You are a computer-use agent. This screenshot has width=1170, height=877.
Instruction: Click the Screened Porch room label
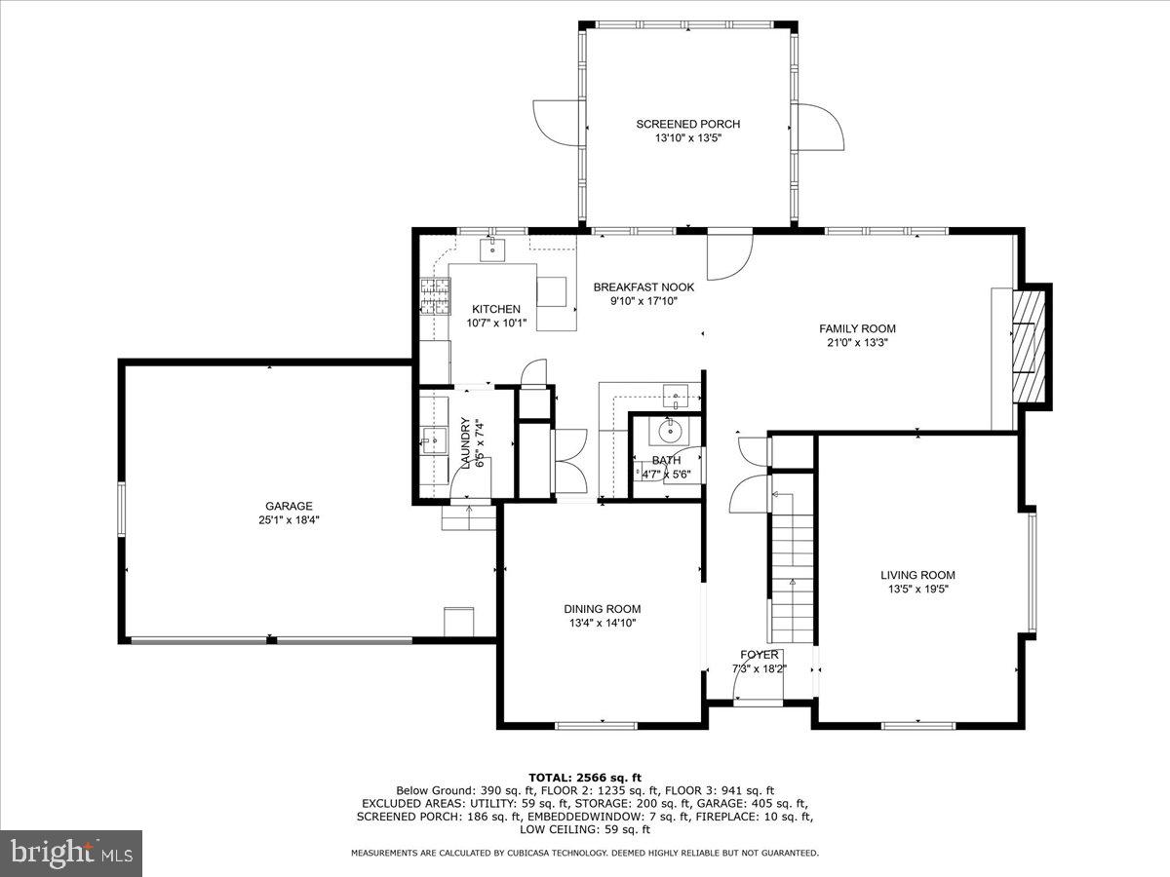687,124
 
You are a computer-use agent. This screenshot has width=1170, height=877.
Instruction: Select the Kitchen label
496,309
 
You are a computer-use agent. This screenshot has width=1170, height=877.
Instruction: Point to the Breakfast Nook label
643,287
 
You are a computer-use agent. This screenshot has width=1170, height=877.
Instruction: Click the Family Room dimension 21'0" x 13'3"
857,343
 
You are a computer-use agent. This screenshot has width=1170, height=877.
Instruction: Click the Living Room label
917,575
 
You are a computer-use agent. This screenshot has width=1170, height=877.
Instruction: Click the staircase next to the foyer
792,565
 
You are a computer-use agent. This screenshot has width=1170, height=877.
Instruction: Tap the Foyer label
760,655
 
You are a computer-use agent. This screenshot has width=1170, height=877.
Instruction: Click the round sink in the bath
669,430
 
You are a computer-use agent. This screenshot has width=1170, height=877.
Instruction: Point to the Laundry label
466,443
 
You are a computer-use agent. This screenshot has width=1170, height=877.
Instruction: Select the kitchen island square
551,291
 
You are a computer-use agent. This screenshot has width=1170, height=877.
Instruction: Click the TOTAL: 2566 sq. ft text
585,777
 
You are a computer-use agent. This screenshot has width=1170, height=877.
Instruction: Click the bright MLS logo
70,854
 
